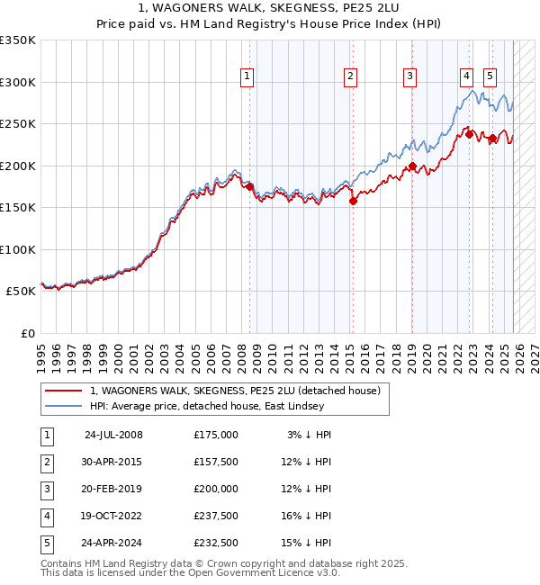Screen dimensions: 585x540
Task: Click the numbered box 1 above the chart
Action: pyautogui.click(x=247, y=77)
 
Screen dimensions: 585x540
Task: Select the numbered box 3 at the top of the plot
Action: pyautogui.click(x=409, y=77)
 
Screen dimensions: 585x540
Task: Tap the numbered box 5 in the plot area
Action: pyautogui.click(x=490, y=77)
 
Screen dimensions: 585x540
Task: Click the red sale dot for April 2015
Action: pyautogui.click(x=353, y=202)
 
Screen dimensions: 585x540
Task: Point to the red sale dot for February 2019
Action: pyautogui.click(x=412, y=166)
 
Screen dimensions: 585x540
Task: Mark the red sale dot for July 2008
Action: pyautogui.click(x=249, y=187)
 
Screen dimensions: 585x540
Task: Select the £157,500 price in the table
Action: pyautogui.click(x=216, y=462)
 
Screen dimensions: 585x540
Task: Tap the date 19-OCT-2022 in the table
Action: pyautogui.click(x=113, y=516)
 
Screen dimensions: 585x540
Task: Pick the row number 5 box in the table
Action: pyautogui.click(x=46, y=543)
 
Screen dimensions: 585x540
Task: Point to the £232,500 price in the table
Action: pyautogui.click(x=216, y=543)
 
